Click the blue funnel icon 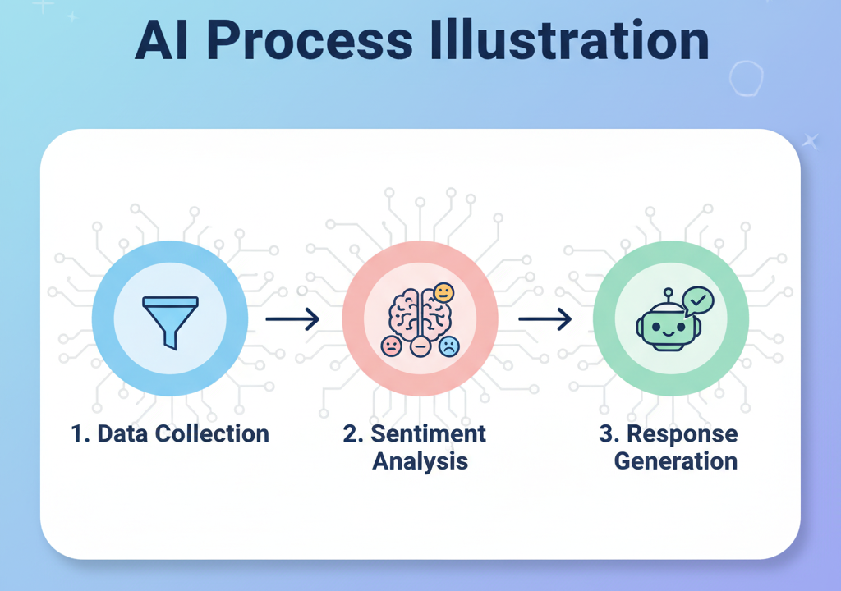[x=170, y=321]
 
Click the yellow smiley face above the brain [x=443, y=292]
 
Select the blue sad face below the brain [x=448, y=346]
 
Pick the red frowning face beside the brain [x=392, y=346]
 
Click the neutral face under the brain [x=420, y=347]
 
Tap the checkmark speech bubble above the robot [x=698, y=301]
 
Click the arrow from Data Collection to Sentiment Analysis [x=292, y=318]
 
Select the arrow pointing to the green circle [x=545, y=318]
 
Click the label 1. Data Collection [x=170, y=433]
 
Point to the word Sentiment [x=426, y=433]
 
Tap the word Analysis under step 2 [x=420, y=460]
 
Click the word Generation [x=676, y=460]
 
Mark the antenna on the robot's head [x=667, y=293]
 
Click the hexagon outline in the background [x=746, y=78]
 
